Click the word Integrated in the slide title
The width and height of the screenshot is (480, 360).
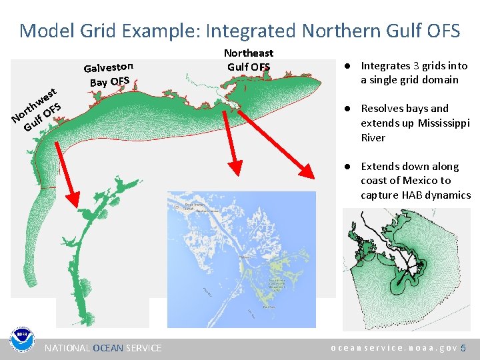pos(251,31)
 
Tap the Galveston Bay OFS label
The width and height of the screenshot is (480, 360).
pos(109,74)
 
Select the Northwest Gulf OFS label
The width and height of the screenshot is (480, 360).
pos(37,108)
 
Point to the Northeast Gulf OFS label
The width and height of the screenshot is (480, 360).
pos(249,59)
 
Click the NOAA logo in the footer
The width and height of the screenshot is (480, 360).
pos(21,341)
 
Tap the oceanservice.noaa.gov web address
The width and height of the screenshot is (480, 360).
pos(394,348)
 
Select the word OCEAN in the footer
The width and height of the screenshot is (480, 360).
pos(108,348)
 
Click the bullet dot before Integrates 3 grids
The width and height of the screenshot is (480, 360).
pos(347,66)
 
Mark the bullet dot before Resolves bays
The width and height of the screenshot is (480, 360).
pos(347,109)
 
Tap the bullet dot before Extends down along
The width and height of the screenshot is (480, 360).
pos(347,167)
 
